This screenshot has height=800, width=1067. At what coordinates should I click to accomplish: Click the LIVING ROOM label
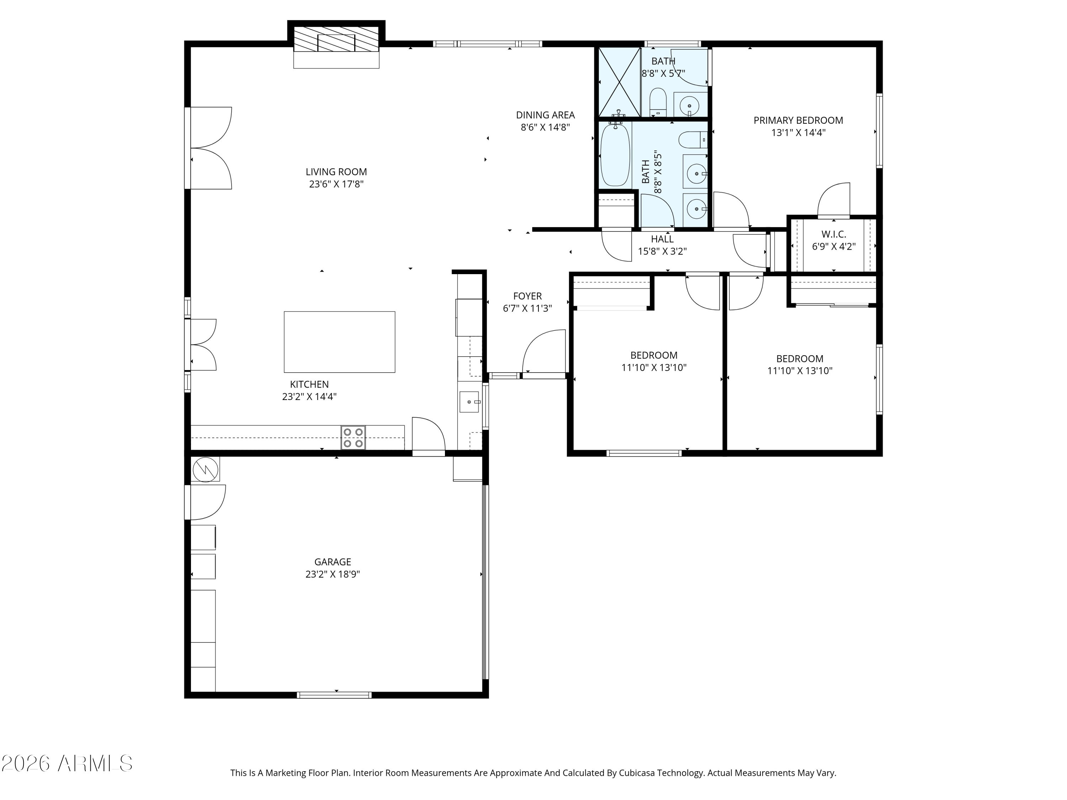[336, 172]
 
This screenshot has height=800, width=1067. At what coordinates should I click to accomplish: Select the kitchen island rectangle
[339, 342]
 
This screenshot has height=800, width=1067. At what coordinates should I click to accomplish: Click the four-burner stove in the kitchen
[352, 438]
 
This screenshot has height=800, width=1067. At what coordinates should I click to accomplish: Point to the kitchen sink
[469, 402]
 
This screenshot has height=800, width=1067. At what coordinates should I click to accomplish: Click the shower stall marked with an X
[619, 82]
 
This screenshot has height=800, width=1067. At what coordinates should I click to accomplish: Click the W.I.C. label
[834, 234]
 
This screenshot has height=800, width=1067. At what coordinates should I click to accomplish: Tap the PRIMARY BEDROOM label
[798, 121]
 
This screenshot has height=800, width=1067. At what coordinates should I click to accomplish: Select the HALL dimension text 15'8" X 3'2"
[662, 251]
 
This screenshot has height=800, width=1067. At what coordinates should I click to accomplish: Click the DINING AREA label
[545, 115]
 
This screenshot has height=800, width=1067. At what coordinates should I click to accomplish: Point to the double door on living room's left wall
[210, 148]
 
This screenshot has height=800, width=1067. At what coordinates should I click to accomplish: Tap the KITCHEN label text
[309, 384]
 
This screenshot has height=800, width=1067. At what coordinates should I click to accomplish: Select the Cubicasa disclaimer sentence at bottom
[533, 773]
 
